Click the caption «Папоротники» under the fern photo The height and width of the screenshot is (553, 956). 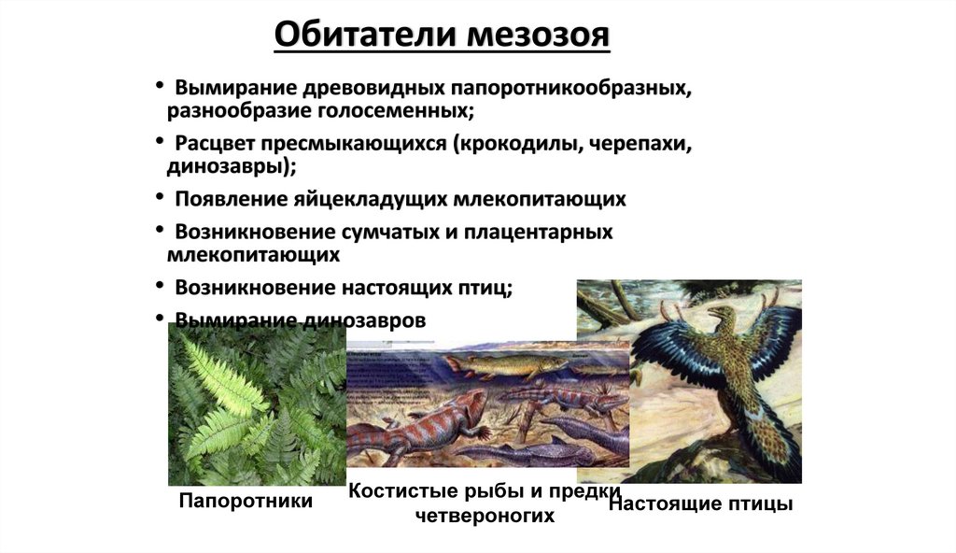[246, 502]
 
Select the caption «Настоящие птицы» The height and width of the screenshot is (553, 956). [700, 504]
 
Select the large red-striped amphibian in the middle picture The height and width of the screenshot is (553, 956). [420, 425]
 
